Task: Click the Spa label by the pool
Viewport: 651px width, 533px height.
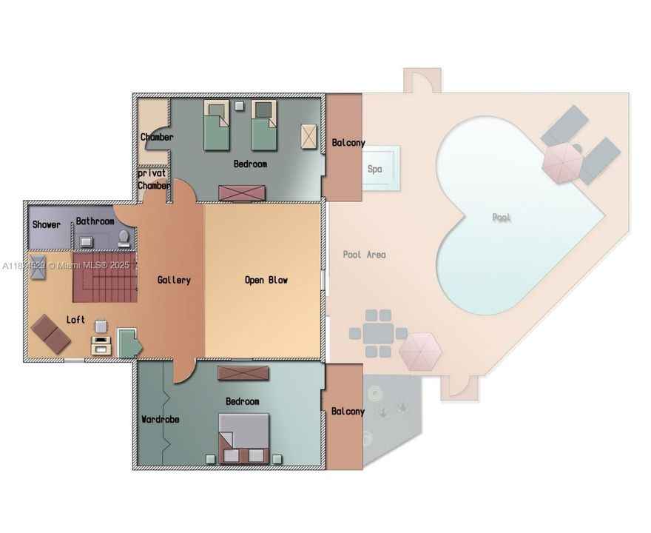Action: coord(375,169)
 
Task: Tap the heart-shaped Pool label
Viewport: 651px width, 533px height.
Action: coord(502,218)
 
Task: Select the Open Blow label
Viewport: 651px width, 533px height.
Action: coord(266,280)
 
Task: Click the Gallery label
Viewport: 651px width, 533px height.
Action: coord(174,280)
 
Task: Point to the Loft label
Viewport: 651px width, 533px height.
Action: coord(75,320)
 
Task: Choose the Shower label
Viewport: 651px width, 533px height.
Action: coord(46,224)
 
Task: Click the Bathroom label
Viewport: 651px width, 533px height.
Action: coord(95,221)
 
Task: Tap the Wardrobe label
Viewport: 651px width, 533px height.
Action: coord(160,419)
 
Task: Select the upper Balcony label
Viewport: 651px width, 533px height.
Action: coord(347,143)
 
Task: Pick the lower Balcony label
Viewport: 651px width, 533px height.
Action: coord(347,411)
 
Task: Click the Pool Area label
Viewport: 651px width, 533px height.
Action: coord(364,255)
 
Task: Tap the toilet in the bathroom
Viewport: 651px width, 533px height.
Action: coord(124,238)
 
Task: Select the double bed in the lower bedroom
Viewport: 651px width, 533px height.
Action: coord(243,437)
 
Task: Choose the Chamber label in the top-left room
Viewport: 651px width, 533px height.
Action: coord(157,137)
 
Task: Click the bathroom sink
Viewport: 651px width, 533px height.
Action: coord(87,241)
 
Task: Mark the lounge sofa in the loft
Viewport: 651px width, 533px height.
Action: coord(50,332)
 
